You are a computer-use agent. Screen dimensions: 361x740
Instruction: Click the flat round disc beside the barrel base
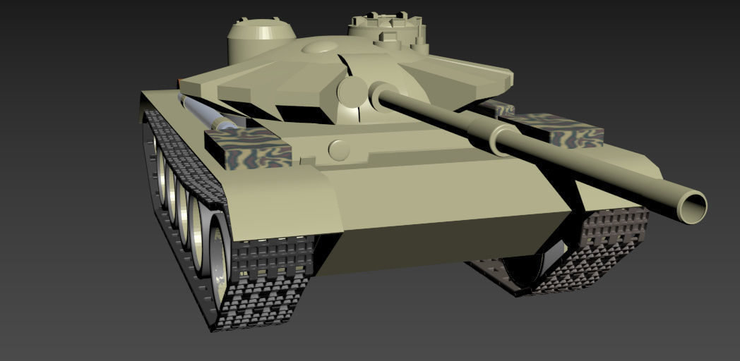click(x=352, y=91)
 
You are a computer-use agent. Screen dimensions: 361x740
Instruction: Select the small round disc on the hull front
click(x=339, y=149)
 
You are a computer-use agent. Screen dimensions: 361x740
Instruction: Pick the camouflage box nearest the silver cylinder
click(x=248, y=147)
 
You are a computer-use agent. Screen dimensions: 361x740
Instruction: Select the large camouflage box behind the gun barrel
click(x=558, y=128)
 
